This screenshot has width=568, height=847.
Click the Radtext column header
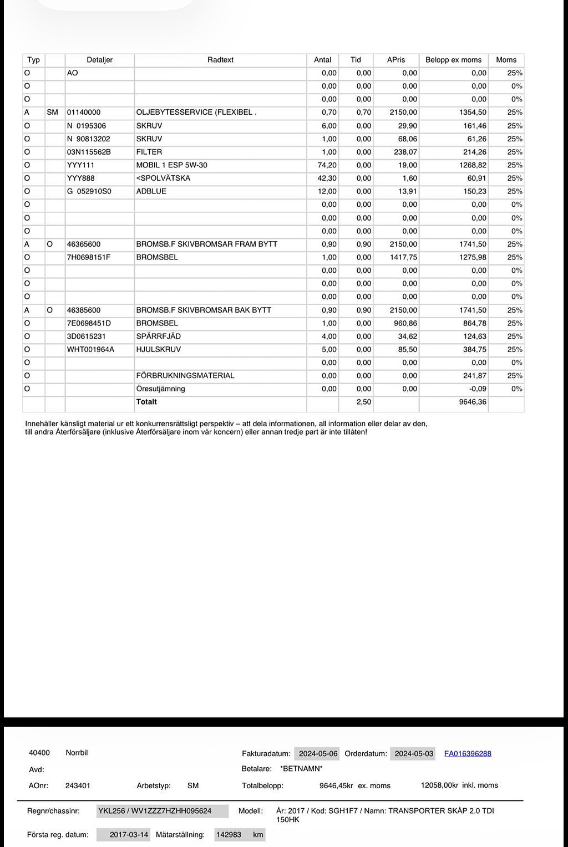pos(220,60)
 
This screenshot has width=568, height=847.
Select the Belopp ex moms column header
pos(453,60)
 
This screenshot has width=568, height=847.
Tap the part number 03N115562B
pos(89,152)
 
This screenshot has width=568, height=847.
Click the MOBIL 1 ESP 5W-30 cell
pos(171,165)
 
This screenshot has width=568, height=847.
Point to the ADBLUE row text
pos(151,191)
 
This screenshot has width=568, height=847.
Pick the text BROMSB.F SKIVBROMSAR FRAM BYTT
pos(206,244)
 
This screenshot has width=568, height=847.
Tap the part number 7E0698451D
pos(89,323)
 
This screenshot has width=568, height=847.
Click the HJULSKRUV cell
pos(158,349)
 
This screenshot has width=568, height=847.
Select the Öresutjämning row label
pos(160,389)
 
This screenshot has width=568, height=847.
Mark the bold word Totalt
pos(146,402)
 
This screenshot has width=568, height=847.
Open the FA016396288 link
pos(468,753)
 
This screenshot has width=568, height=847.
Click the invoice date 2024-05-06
pos(318,753)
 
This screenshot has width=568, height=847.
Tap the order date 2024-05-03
pos(414,753)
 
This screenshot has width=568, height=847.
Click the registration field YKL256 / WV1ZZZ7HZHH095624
pos(162,811)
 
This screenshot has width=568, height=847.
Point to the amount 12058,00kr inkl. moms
pos(459,785)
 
